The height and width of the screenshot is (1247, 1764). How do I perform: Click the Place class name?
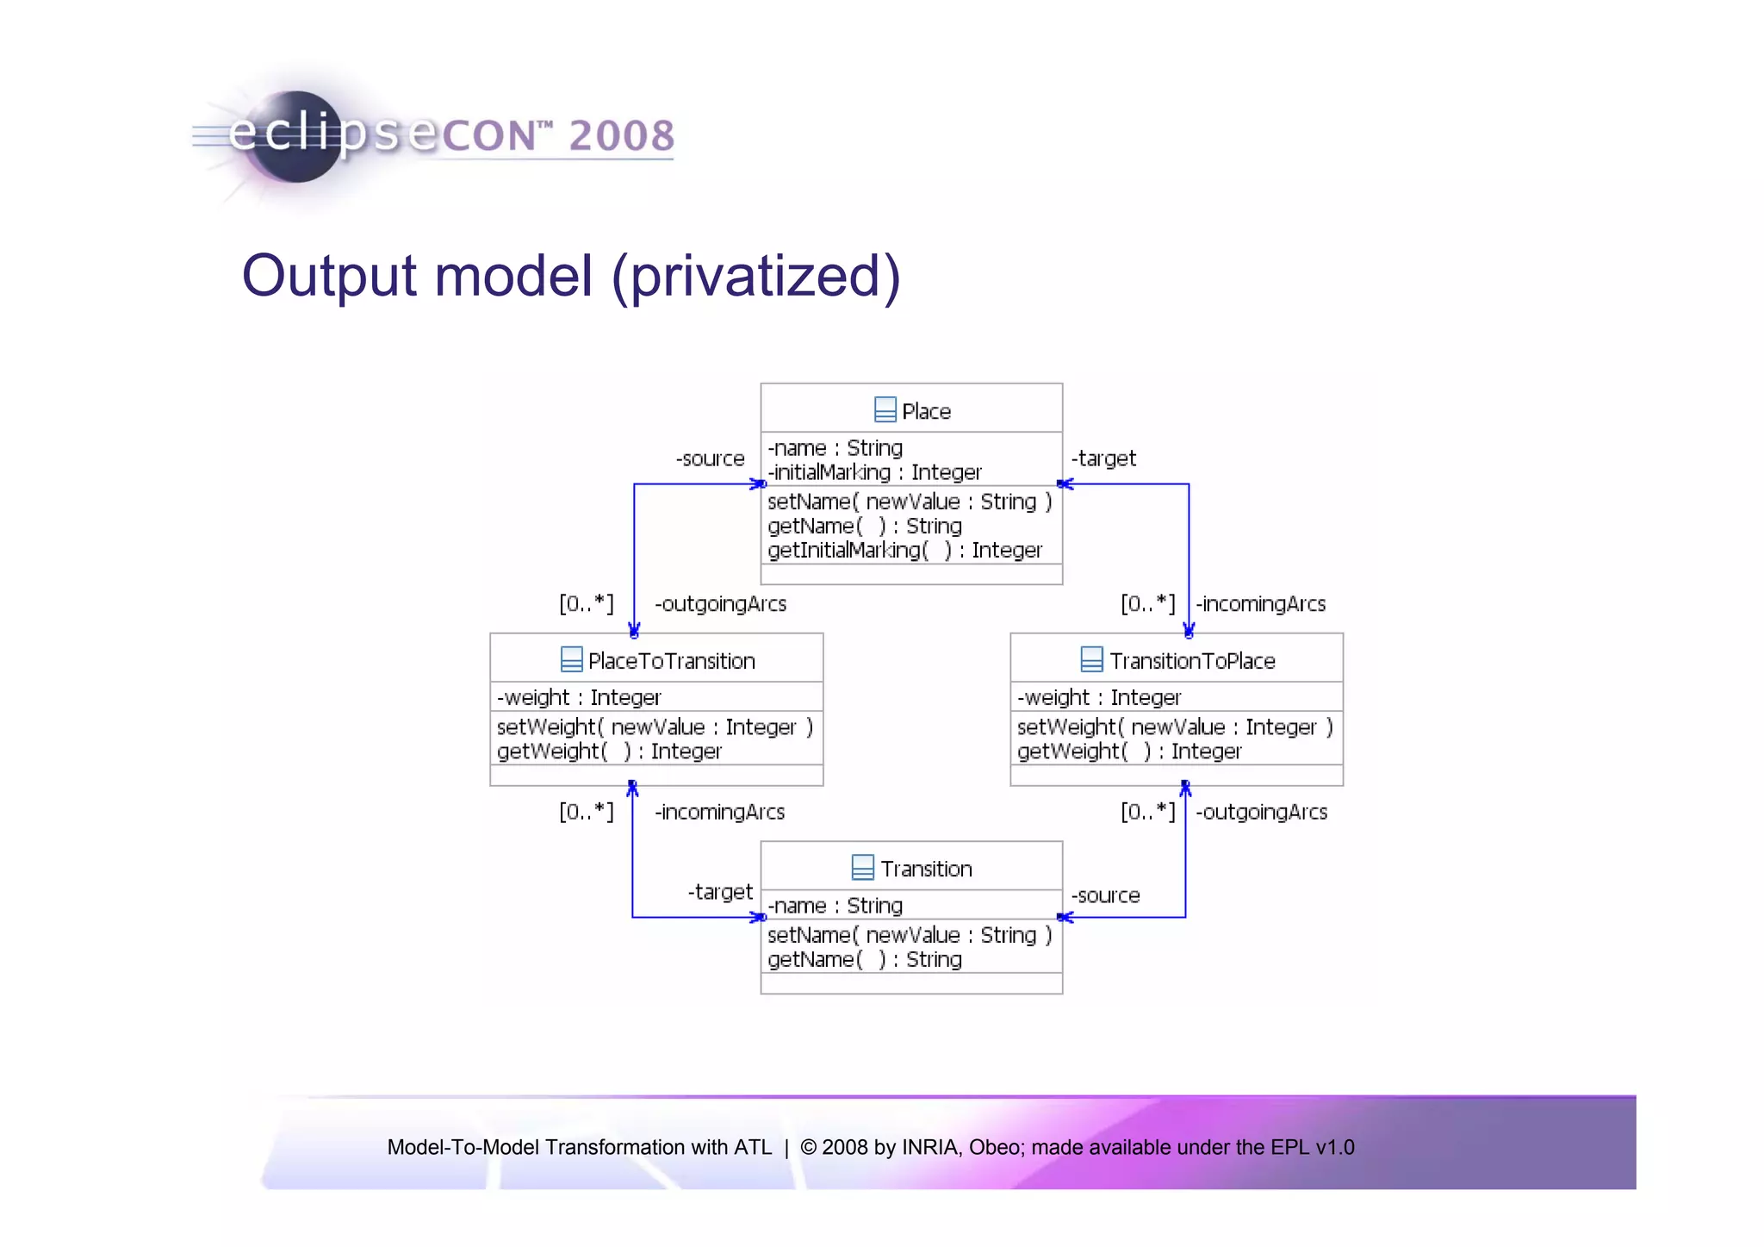tap(926, 412)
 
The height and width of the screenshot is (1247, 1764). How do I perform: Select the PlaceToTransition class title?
tap(671, 661)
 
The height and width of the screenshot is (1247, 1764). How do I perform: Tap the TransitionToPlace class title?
tap(1192, 661)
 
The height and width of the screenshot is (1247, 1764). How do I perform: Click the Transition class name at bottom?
tap(926, 869)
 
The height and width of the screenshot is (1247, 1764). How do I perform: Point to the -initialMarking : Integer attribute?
tap(874, 472)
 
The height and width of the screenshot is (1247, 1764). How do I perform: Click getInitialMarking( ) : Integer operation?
tap(904, 550)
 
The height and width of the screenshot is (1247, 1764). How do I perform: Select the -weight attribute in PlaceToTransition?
tap(579, 697)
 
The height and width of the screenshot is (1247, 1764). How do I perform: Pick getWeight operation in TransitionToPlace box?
tap(1128, 751)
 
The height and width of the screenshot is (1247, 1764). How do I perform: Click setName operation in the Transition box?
tap(909, 935)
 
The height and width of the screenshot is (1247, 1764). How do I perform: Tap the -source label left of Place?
tap(710, 458)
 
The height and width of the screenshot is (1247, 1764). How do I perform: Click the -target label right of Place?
tap(1103, 458)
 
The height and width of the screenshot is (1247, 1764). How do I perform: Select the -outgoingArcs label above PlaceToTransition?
tap(721, 604)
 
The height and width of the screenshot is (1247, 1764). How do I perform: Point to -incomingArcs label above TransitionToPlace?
tap(1261, 604)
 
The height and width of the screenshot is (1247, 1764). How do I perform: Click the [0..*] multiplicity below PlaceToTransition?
tap(587, 812)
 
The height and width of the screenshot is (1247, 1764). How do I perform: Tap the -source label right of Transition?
tap(1105, 895)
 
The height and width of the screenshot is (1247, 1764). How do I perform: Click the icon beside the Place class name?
tap(885, 410)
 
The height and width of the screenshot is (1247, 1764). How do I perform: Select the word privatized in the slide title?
tap(756, 277)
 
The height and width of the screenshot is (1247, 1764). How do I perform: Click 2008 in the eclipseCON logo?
tap(622, 136)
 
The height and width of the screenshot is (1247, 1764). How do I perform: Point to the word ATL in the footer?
tap(753, 1147)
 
